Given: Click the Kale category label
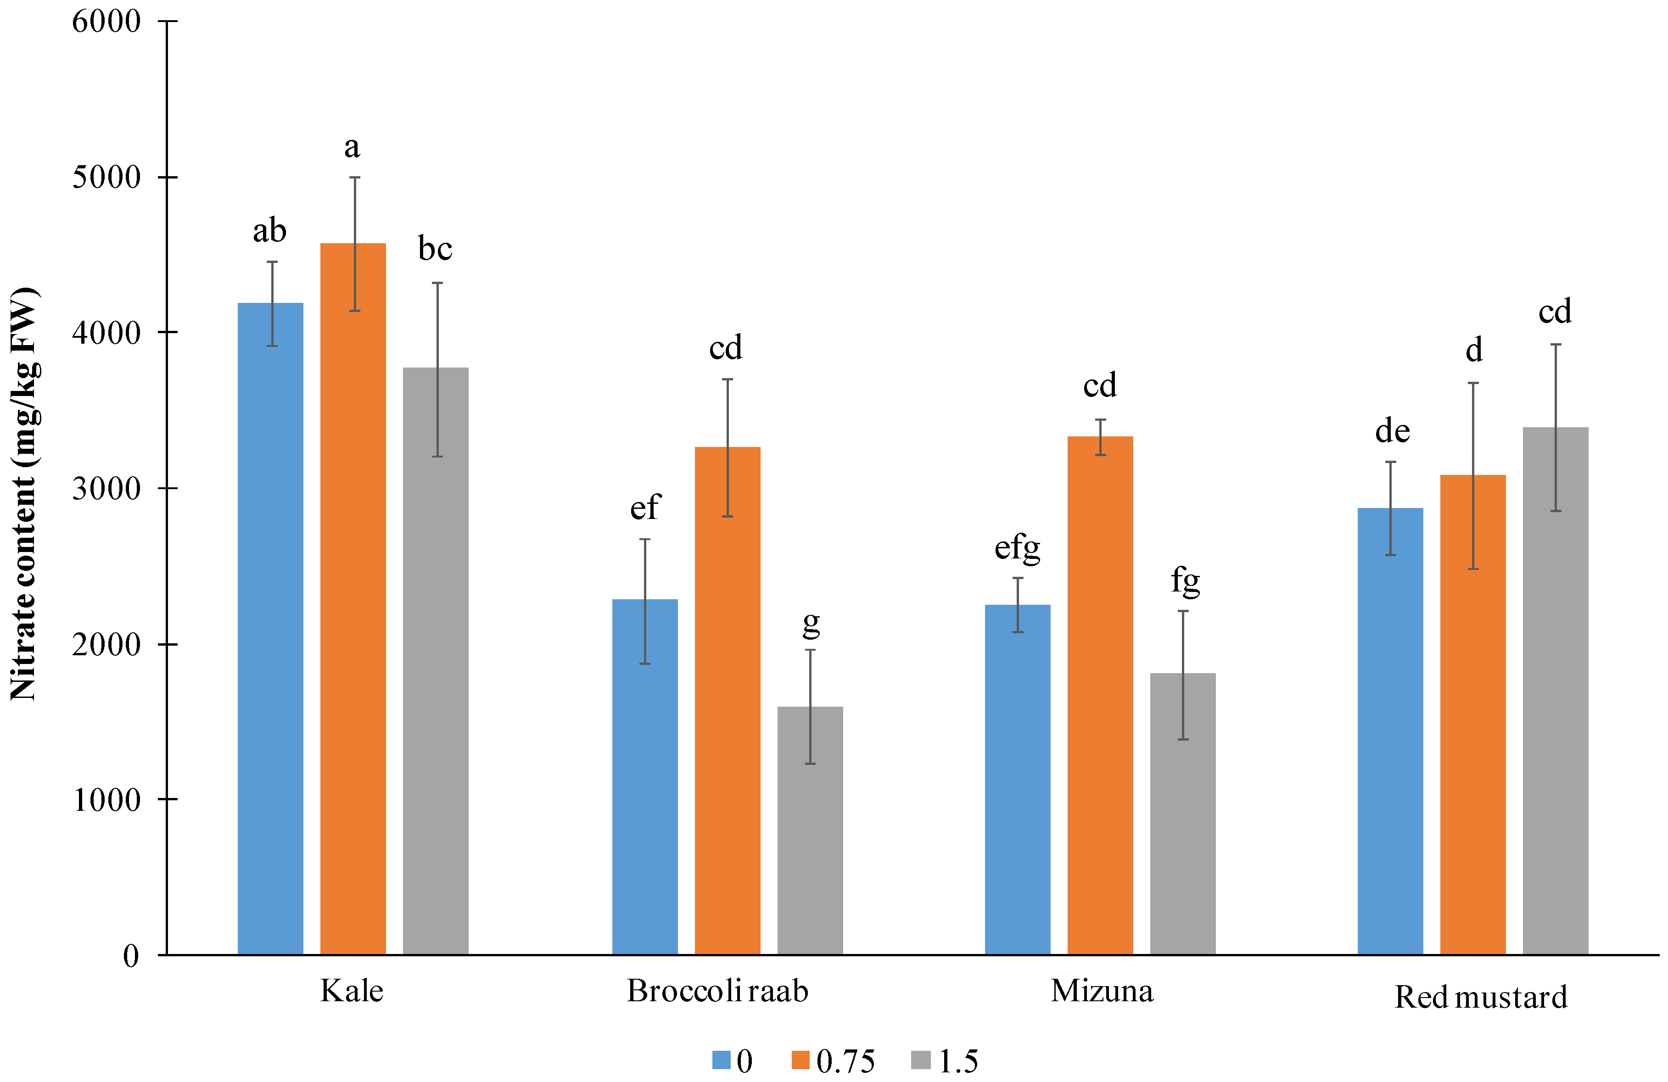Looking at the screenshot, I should click(x=352, y=991).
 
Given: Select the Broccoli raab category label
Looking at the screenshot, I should click(x=717, y=991).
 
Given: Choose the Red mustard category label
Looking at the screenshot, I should click(x=1480, y=997).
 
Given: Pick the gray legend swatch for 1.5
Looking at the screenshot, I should click(x=920, y=1060).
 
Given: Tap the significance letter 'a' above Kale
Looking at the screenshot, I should click(x=352, y=148).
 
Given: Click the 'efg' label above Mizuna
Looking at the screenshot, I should click(x=1017, y=547).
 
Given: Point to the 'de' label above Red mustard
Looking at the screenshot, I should click(x=1392, y=431).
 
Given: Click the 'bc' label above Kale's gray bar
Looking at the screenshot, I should click(x=435, y=249).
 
